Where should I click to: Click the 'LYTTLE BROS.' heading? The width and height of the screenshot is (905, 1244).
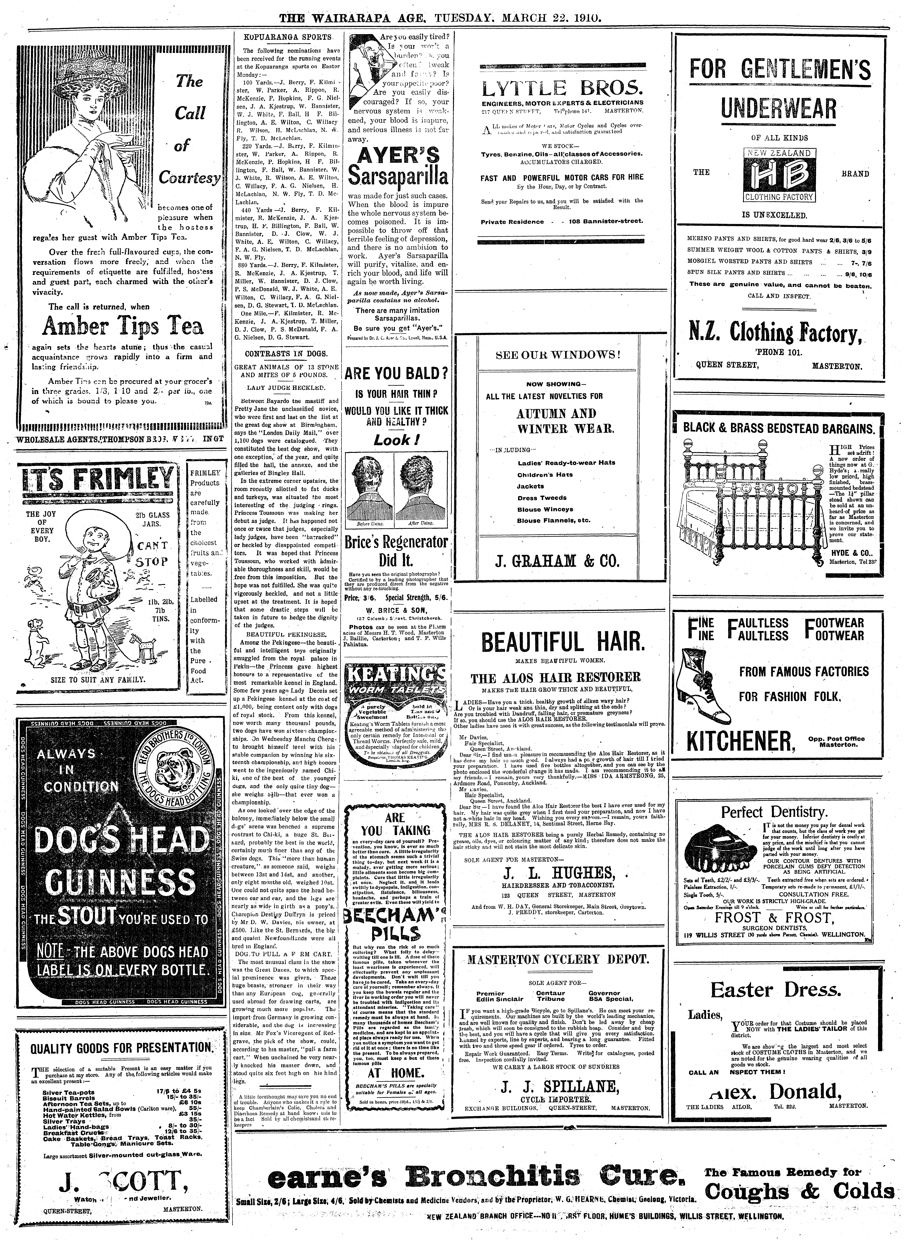tap(561, 88)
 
